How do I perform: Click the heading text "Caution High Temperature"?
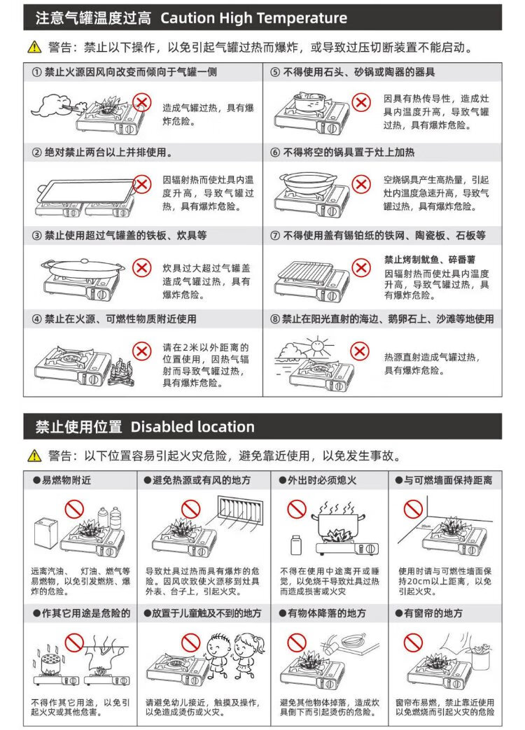coord(253,18)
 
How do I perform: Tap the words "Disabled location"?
coord(192,426)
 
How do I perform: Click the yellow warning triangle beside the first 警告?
coord(34,47)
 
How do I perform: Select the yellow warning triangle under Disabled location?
coord(34,456)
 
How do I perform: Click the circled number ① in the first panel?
coord(37,72)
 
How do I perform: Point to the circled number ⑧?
coord(275,319)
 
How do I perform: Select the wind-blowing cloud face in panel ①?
coord(52,105)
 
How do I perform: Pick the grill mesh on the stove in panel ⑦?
coord(304,269)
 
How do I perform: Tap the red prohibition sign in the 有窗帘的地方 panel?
coord(413,643)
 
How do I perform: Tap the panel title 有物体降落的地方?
coord(325,613)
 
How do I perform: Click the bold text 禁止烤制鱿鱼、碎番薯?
coord(430,260)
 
